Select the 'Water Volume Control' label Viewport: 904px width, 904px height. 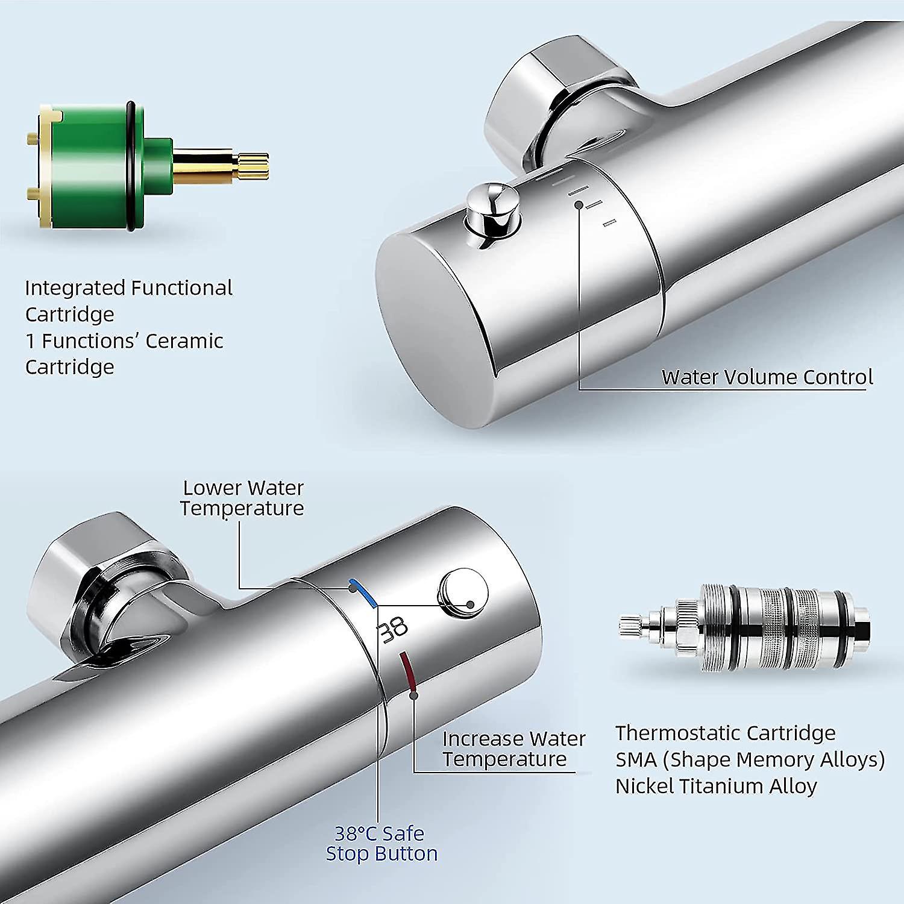pyautogui.click(x=767, y=377)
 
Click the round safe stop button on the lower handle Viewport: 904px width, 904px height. pyautogui.click(x=462, y=593)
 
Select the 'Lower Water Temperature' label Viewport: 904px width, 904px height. pyautogui.click(x=242, y=498)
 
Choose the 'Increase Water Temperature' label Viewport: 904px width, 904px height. pyautogui.click(x=513, y=749)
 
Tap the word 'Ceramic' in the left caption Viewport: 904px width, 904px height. pyautogui.click(x=184, y=341)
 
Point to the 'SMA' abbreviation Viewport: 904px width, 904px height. pyautogui.click(x=635, y=759)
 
